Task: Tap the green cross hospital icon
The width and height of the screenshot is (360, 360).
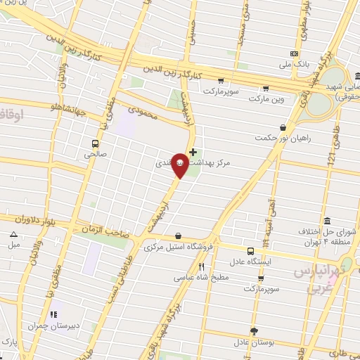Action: click(193, 152)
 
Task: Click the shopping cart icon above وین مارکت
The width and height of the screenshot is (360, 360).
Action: click(266, 89)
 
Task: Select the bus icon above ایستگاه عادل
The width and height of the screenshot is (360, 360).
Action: click(251, 251)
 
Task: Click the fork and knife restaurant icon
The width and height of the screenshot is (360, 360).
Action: click(202, 266)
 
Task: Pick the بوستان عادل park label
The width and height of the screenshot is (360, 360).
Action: click(252, 342)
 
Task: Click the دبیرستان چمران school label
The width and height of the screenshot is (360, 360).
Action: click(51, 326)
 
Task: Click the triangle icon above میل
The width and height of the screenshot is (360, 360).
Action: click(14, 235)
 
